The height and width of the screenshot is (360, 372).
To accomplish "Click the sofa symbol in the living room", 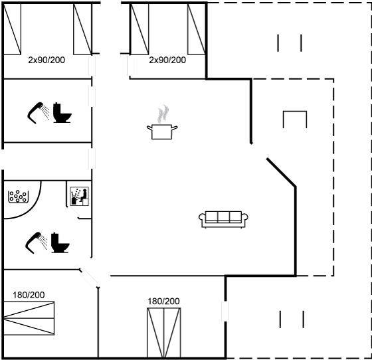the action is (223, 219).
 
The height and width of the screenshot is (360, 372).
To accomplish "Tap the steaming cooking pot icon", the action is (162, 123).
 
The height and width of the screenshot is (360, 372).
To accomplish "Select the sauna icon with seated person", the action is (80, 196).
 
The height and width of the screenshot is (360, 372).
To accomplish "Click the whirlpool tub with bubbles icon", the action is (19, 197).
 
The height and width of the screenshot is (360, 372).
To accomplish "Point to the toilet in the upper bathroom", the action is (62, 113).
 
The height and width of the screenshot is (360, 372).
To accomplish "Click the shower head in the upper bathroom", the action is (38, 112).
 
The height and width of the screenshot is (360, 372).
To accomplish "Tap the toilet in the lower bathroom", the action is (60, 242).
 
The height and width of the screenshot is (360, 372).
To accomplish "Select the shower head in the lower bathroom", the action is (36, 242).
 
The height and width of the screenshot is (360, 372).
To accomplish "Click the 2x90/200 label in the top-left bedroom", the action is (46, 60).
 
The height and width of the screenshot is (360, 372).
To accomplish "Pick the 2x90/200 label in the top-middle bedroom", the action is (167, 60).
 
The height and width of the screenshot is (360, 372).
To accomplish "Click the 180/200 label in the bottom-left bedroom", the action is (29, 295).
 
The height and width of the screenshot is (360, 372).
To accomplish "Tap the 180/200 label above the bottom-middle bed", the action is (163, 301).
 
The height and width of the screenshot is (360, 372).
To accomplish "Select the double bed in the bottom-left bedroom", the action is (29, 318).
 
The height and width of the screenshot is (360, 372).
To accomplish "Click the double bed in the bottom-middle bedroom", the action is (164, 333).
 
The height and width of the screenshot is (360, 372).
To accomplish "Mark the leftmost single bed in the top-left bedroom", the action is (12, 29).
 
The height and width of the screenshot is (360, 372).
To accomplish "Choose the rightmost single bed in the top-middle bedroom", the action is (197, 29).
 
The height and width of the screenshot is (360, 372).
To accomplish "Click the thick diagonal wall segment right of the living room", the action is (282, 172).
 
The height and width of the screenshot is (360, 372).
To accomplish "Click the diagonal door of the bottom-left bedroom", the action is (89, 278).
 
